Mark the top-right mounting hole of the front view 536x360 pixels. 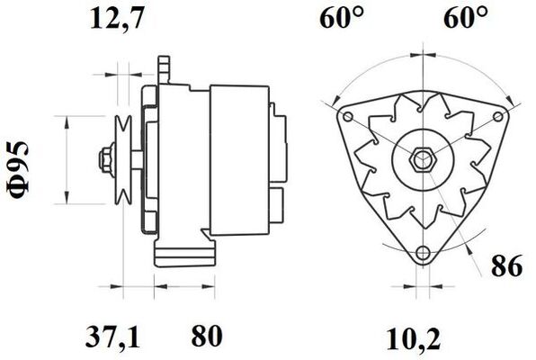click(497, 117)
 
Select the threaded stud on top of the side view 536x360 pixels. click(164, 67)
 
